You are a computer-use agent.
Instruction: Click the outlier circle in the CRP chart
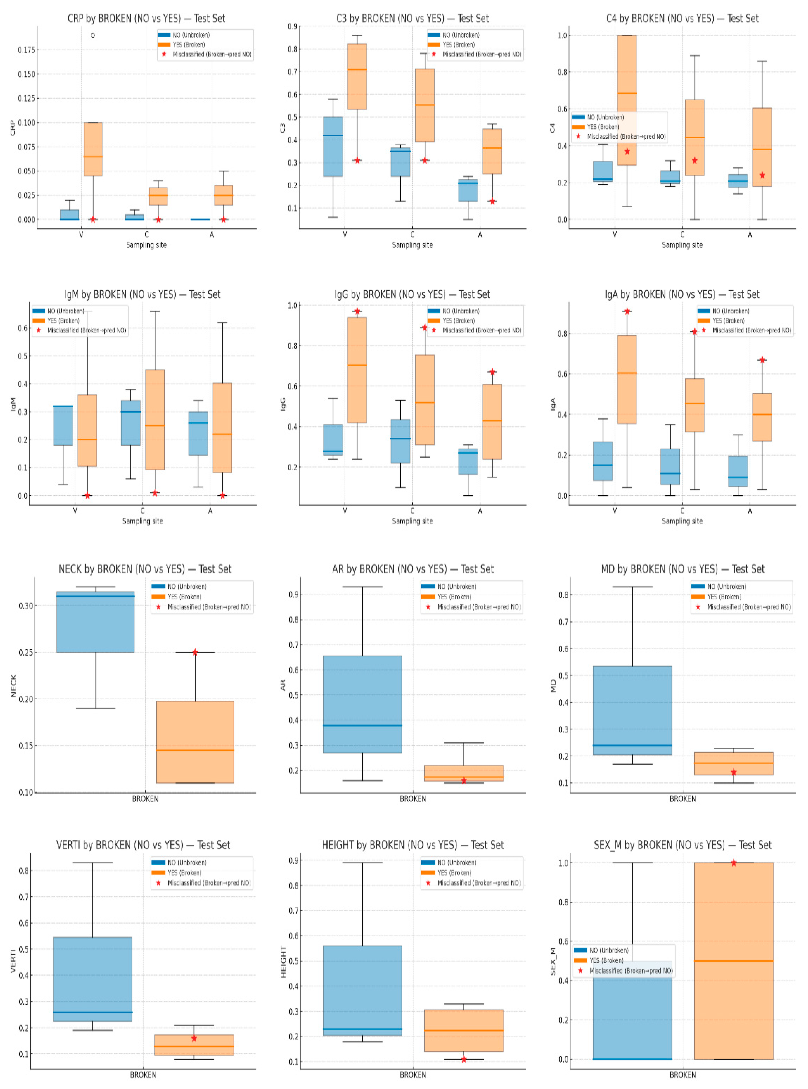click(93, 35)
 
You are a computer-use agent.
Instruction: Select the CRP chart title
click(146, 19)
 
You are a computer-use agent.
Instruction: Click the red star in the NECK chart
click(195, 652)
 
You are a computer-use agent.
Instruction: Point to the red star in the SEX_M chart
click(733, 863)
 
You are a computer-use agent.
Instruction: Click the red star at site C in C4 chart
click(694, 160)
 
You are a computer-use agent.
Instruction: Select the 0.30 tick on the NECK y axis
click(25, 606)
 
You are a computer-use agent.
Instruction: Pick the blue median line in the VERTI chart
click(92, 1012)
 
